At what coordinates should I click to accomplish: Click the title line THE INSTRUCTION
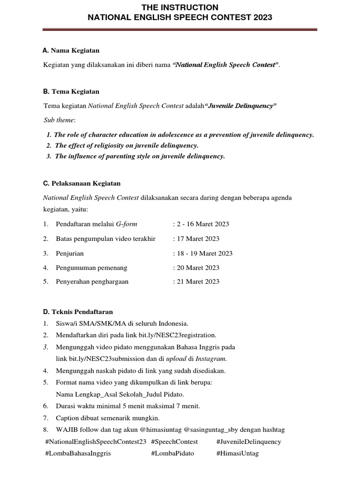click(180, 7)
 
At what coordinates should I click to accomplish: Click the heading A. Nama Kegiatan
click(71, 50)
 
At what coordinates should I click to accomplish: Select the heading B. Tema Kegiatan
click(71, 91)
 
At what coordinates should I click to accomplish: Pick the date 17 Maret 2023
click(197, 239)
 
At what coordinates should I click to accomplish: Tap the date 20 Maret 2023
click(197, 268)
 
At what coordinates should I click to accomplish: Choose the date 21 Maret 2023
click(197, 282)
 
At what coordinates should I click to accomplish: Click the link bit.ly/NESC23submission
click(106, 359)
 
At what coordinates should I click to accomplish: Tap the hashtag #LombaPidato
click(172, 453)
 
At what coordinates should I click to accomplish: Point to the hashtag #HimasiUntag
click(237, 453)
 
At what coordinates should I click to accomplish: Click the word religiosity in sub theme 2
click(102, 145)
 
